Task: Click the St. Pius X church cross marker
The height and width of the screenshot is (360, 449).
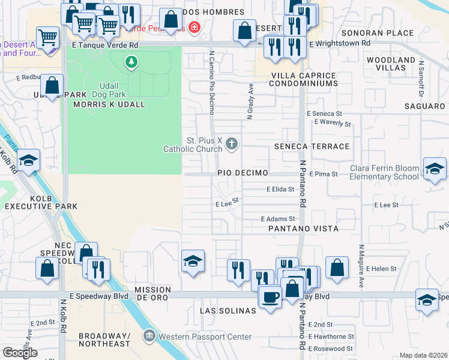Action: pyautogui.click(x=232, y=143)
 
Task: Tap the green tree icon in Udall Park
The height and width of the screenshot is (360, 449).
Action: pyautogui.click(x=131, y=61)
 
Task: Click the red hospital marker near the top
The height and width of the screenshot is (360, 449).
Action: pyautogui.click(x=193, y=27)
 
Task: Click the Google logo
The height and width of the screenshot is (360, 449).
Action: pyautogui.click(x=20, y=352)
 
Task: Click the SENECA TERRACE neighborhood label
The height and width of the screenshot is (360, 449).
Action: pyautogui.click(x=312, y=146)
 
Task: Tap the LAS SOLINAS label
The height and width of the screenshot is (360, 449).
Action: pyautogui.click(x=228, y=311)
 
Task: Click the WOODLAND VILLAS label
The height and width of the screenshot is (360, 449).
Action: pyautogui.click(x=391, y=64)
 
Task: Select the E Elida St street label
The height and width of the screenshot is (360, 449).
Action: pyautogui.click(x=280, y=188)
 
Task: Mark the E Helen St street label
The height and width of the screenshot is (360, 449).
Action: pyautogui.click(x=382, y=268)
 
